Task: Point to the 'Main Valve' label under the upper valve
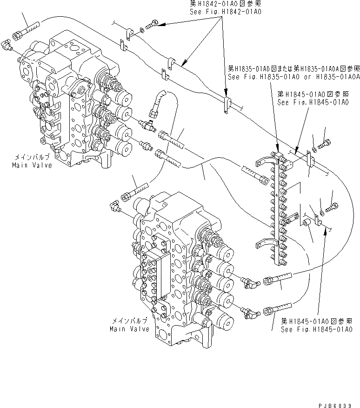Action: coord(32,165)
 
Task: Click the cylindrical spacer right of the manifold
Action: coord(307,225)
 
